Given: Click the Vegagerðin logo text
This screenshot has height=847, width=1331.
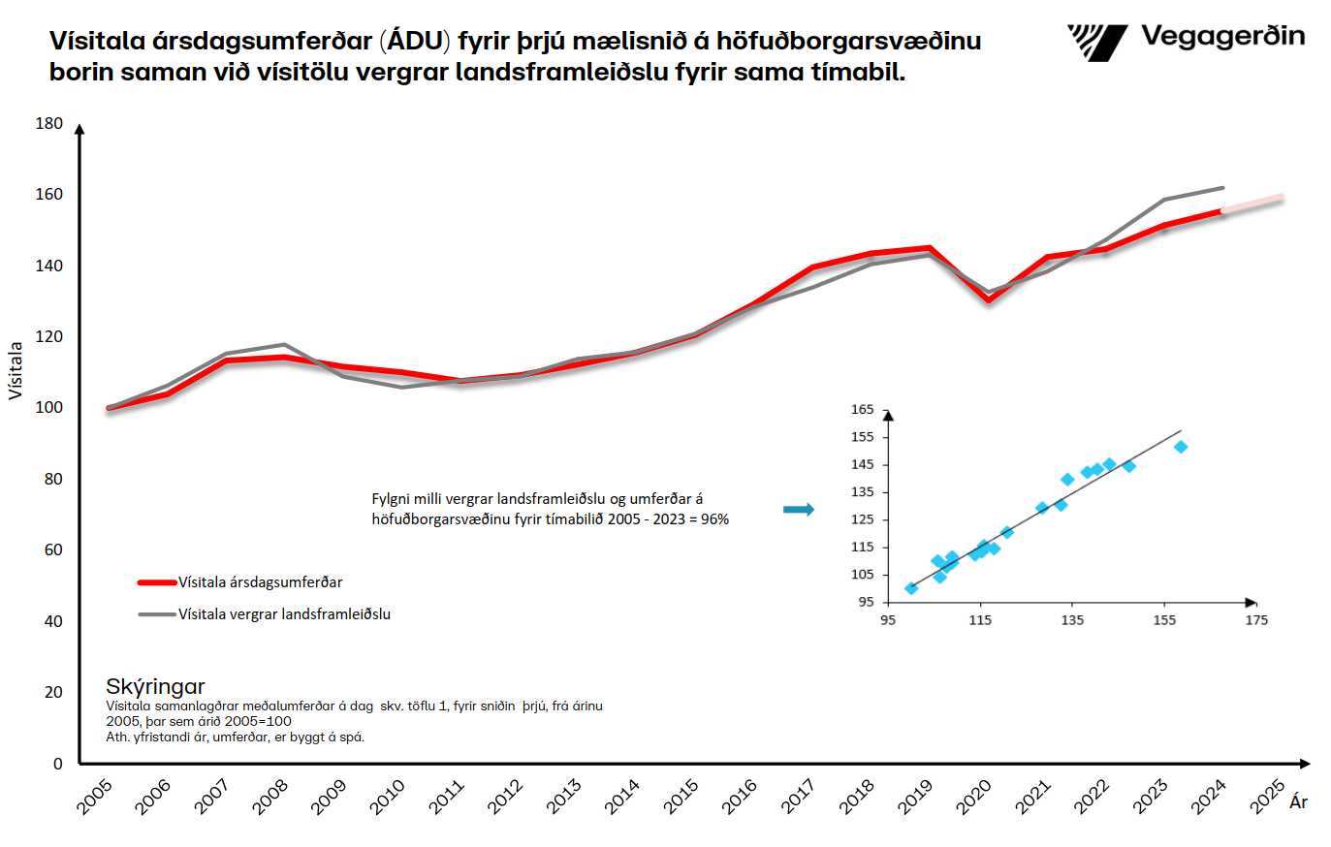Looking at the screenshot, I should click(1222, 37).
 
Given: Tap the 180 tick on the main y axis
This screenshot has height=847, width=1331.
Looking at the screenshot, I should click(49, 124).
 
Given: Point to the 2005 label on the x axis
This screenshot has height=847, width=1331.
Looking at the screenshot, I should click(95, 797).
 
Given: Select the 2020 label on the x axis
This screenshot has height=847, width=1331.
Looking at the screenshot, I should click(974, 797).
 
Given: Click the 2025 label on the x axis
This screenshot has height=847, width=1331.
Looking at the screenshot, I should click(1267, 797).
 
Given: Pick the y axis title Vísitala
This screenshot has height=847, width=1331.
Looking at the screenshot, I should click(16, 370).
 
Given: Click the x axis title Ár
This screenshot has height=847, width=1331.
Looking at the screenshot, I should click(1298, 802).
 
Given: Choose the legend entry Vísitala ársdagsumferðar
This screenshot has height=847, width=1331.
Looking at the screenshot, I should click(260, 582).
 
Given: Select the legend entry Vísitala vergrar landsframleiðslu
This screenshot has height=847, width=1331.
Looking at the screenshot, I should click(284, 614).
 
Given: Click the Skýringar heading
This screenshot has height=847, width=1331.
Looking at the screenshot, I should click(155, 687).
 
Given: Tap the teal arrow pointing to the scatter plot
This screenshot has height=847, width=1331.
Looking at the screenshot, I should click(799, 510).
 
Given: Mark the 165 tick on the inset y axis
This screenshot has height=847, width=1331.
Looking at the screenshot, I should click(863, 410).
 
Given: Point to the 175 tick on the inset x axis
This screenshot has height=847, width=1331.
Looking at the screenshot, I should click(1256, 620).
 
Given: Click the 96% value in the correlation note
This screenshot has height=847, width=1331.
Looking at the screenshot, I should click(715, 519).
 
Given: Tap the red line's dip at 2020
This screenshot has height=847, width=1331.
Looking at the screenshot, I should click(989, 299).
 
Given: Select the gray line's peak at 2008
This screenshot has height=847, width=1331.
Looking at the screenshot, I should click(284, 344).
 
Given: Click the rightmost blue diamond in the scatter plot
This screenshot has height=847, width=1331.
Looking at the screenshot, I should click(1181, 447).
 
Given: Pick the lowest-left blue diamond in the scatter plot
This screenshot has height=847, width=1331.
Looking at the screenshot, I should click(911, 588).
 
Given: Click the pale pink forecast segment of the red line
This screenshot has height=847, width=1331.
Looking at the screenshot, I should click(1253, 204).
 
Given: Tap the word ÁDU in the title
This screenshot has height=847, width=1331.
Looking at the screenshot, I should click(417, 42).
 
